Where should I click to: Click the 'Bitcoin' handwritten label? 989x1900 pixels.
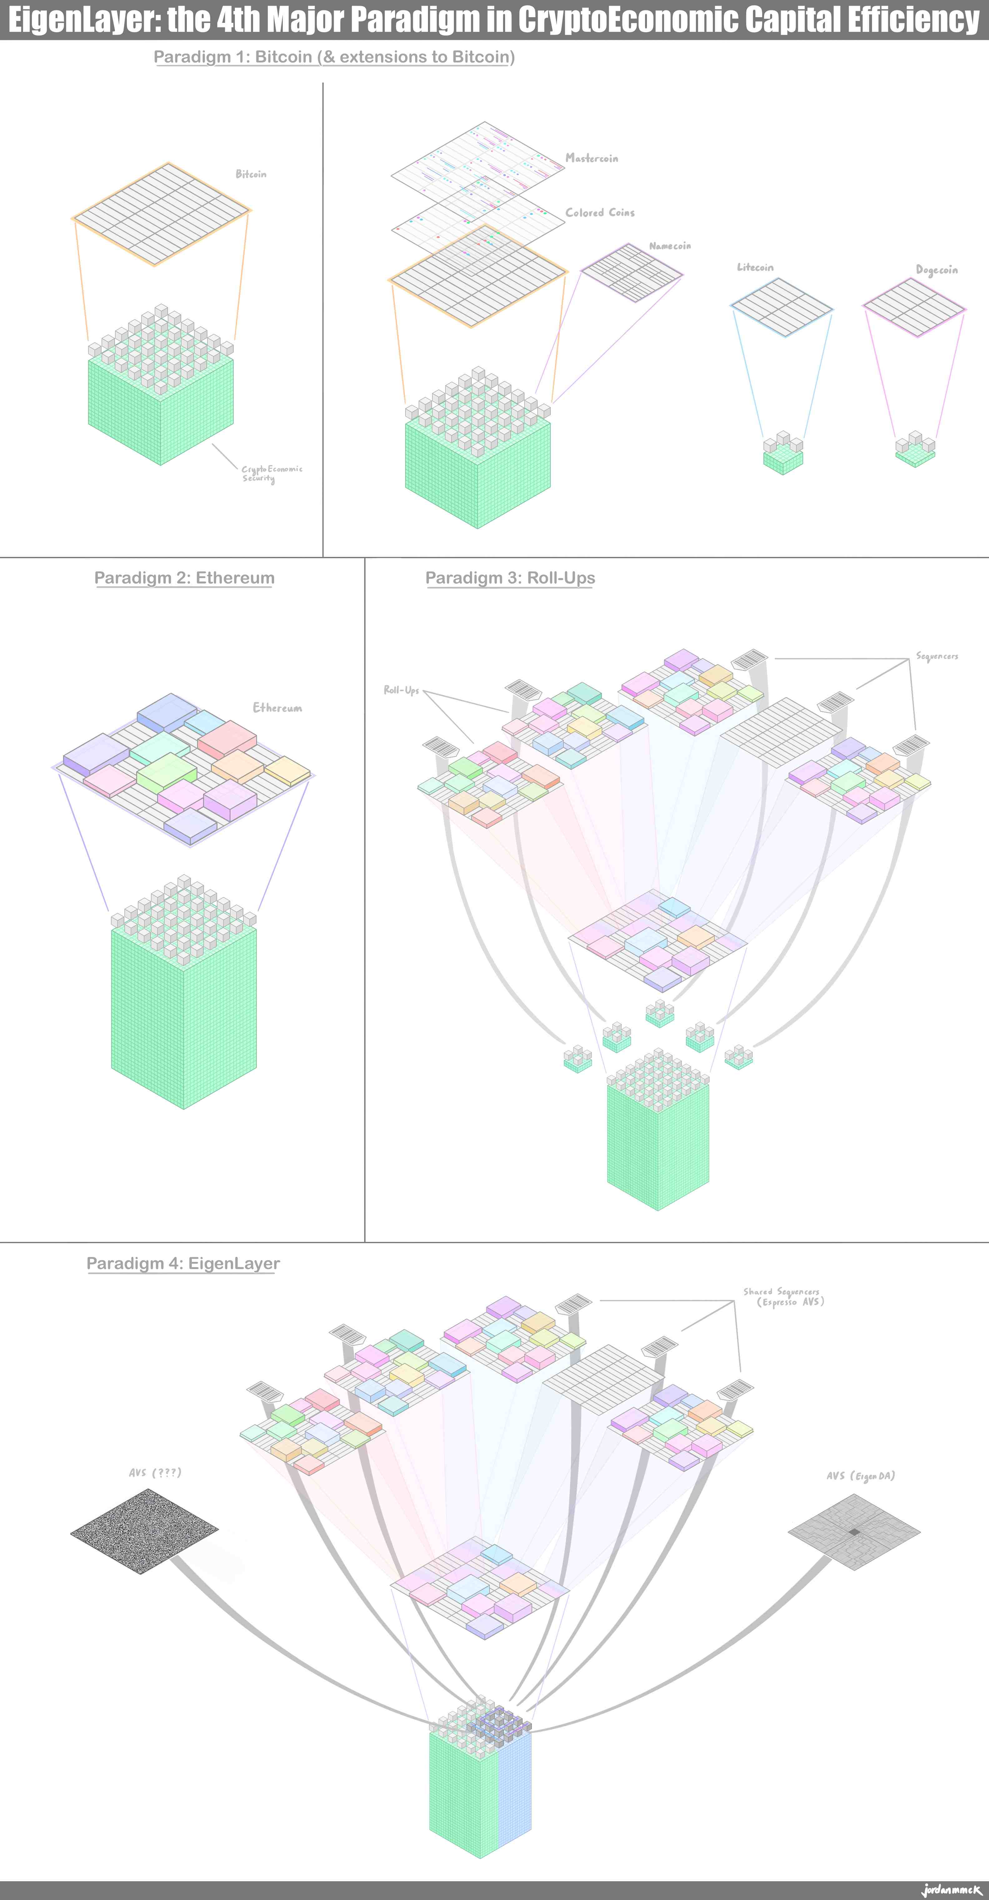click(251, 174)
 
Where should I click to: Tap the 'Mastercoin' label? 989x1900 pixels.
click(591, 158)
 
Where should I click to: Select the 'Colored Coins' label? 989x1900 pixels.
click(599, 212)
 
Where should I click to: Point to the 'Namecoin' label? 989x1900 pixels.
click(670, 246)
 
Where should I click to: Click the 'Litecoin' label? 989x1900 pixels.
click(755, 267)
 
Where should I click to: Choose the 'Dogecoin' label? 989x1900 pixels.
click(937, 270)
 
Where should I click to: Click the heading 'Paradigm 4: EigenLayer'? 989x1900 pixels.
click(183, 1263)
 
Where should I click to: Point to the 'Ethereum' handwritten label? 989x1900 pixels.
click(277, 708)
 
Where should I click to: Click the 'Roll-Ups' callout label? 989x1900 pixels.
click(401, 690)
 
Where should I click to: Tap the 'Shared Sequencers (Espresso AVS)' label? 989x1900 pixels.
click(783, 1297)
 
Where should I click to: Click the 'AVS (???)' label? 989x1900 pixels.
click(155, 1473)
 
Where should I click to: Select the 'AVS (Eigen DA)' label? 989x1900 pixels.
click(861, 1476)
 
